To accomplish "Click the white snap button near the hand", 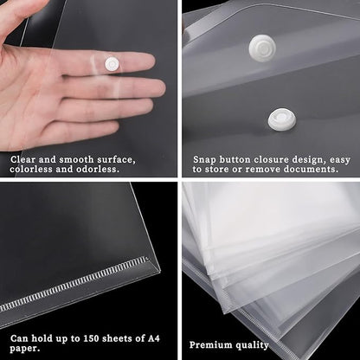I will pyautogui.click(x=112, y=63).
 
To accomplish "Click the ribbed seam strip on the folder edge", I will pyautogui.click(x=78, y=285).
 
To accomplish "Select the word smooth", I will pyautogui.click(x=78, y=158).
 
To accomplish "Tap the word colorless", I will pyautogui.click(x=34, y=170).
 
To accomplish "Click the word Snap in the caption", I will pyautogui.click(x=205, y=158).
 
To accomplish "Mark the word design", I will pyautogui.click(x=322, y=158).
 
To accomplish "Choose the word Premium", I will pyautogui.click(x=210, y=344).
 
